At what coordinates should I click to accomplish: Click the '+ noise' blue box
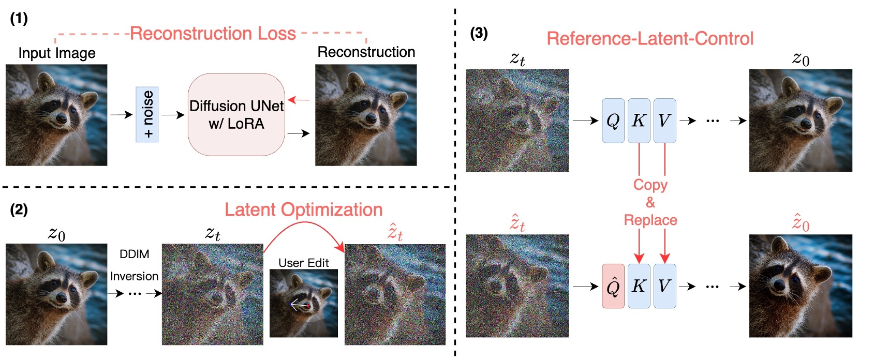pyautogui.click(x=147, y=114)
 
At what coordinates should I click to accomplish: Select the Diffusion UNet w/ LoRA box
pyautogui.click(x=236, y=114)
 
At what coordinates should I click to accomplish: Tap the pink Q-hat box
pyautogui.click(x=613, y=286)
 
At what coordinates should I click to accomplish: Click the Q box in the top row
pyautogui.click(x=613, y=121)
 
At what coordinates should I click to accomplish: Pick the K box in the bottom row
pyautogui.click(x=639, y=286)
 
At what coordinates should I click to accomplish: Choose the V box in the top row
pyautogui.click(x=665, y=121)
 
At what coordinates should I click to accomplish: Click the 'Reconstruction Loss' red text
pyautogui.click(x=213, y=34)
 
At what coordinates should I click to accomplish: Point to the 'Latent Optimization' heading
pyautogui.click(x=304, y=209)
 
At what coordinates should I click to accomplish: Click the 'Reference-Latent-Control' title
pyautogui.click(x=650, y=39)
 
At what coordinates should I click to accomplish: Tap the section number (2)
pyautogui.click(x=19, y=209)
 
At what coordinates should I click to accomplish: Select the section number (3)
pyautogui.click(x=479, y=34)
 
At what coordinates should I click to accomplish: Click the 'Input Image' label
pyautogui.click(x=57, y=53)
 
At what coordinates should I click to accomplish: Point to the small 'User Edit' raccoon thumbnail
pyautogui.click(x=304, y=303)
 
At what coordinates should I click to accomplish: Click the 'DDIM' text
pyautogui.click(x=134, y=254)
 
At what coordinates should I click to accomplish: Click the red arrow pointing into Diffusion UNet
pyautogui.click(x=299, y=99)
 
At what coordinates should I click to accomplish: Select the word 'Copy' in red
pyautogui.click(x=650, y=185)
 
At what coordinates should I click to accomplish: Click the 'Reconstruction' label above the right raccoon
pyautogui.click(x=366, y=52)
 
